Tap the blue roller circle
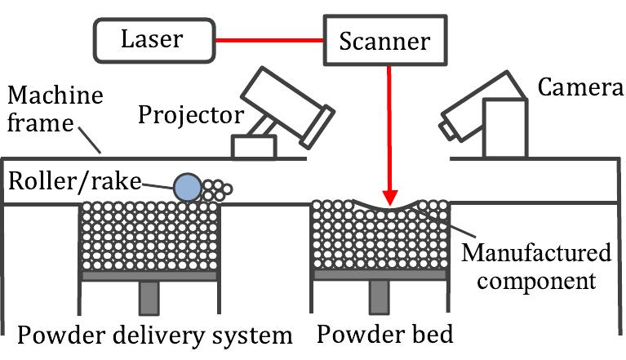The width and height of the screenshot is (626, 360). pos(187,187)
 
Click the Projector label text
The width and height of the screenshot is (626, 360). pos(190,114)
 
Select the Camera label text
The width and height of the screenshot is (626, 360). pos(575,87)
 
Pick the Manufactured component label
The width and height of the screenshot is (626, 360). pos(535,267)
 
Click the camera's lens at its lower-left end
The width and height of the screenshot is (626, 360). pos(449,129)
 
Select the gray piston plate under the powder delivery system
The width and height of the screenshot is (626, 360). pos(150,276)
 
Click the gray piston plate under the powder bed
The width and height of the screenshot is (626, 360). pos(382,276)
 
